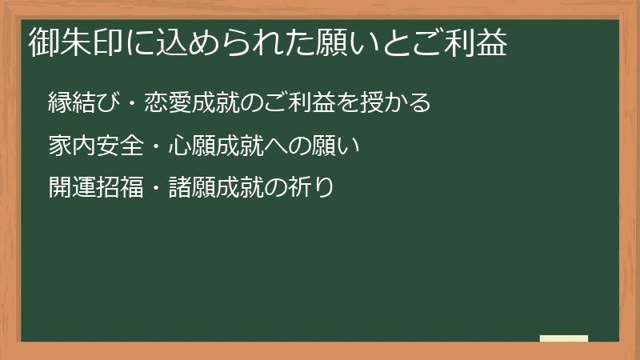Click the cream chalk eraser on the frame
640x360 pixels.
(563, 338)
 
